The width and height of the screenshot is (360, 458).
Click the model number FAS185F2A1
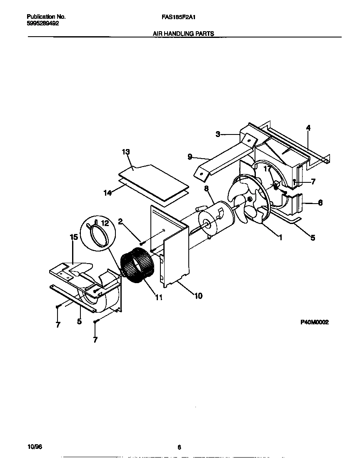176,17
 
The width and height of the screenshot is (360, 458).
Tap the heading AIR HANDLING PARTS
183,34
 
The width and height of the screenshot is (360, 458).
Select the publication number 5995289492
43,24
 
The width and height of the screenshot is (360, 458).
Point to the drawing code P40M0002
315,322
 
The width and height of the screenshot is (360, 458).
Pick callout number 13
126,152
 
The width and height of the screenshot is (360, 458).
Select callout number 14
107,193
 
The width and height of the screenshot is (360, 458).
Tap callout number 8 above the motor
206,189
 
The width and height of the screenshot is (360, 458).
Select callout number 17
267,169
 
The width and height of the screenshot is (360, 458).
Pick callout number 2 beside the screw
120,221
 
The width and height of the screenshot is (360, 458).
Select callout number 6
320,203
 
